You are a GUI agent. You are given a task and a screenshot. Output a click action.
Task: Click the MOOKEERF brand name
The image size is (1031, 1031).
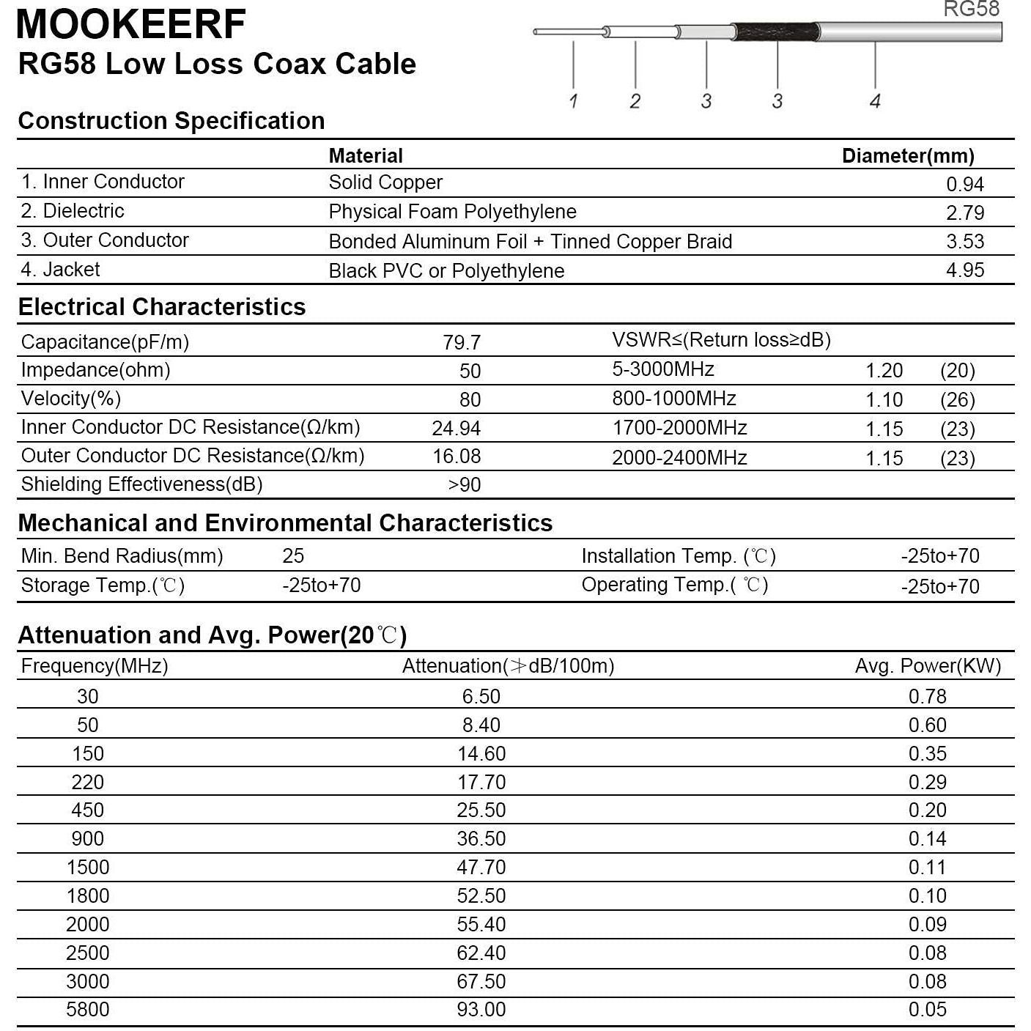130,23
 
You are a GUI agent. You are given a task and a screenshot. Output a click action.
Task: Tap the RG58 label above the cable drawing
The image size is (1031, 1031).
971,9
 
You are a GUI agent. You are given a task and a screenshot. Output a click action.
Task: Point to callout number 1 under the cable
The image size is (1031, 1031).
573,101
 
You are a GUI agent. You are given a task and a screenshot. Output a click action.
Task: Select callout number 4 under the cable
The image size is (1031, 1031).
875,101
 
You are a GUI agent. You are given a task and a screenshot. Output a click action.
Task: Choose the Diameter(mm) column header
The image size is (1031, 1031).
908,155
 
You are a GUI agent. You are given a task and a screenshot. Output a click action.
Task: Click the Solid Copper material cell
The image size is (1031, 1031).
385,182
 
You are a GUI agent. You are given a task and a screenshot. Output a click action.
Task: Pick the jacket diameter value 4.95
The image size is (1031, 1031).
964,270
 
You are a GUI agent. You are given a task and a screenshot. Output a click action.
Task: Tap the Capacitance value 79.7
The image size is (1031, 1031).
462,342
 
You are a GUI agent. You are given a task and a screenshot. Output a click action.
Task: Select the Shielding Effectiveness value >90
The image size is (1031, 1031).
465,484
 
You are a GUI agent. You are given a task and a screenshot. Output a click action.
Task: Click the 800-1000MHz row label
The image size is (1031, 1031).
673,399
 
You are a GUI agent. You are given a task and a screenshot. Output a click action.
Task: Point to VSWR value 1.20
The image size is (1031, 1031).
884,371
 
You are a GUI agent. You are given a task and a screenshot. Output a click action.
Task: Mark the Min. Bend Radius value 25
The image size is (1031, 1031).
293,556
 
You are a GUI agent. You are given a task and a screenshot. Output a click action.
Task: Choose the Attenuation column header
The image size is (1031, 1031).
508,666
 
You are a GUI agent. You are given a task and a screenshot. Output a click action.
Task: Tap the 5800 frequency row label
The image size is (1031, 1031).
87,1010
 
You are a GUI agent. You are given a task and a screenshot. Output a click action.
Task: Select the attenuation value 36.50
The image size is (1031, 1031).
481,839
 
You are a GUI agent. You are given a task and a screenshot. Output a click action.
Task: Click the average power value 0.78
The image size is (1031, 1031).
927,696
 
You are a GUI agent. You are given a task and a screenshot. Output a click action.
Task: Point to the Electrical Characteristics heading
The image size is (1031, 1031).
162,307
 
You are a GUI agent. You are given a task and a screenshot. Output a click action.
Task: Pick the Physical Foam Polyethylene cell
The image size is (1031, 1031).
452,212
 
